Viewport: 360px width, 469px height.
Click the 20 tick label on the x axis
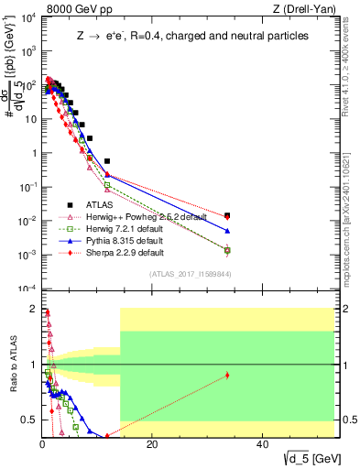tap(152, 444)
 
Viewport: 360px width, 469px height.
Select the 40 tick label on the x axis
tap(262, 444)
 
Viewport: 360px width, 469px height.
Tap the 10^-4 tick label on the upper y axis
tap(27, 289)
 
